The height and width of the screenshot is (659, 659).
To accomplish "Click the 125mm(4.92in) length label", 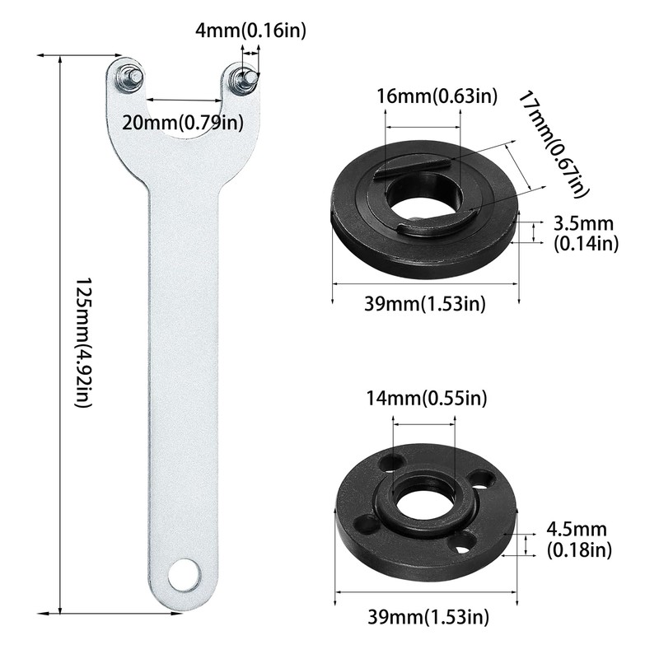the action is (83, 343).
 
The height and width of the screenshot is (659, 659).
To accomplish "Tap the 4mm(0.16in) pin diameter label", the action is (251, 30).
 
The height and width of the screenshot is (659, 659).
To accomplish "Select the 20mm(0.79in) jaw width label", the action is (183, 123).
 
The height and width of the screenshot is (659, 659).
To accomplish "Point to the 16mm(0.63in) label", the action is (437, 96).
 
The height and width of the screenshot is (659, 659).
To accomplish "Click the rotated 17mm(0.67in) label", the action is (552, 144).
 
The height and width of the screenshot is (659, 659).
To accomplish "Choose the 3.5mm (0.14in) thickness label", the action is (586, 233).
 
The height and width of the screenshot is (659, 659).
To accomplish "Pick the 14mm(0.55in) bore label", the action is (427, 398).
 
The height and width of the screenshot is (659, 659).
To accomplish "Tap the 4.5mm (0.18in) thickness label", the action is (579, 540).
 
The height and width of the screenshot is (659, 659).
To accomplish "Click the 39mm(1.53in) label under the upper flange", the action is (424, 303).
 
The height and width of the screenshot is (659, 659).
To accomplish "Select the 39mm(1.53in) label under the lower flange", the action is (428, 616).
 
